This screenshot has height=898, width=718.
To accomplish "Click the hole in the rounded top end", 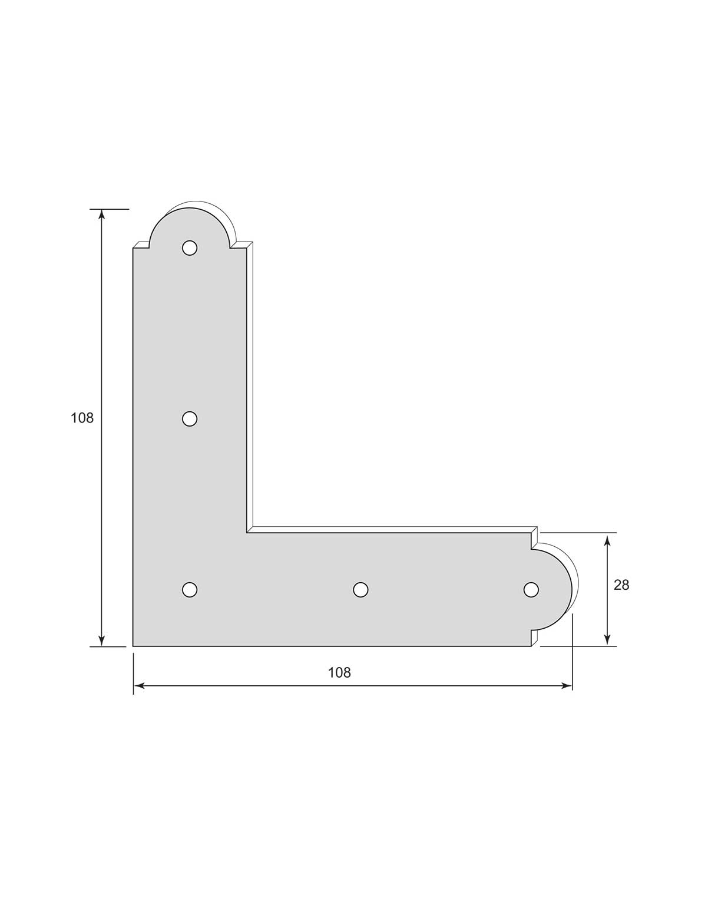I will tap(189, 248).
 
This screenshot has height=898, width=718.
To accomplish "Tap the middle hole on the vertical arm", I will tap(189, 419).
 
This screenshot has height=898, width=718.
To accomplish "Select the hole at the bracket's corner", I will tap(189, 589).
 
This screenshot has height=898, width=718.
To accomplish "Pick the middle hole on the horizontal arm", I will tap(360, 589).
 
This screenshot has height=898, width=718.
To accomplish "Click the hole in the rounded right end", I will tap(531, 589).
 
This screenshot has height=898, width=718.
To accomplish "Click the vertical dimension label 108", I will tap(82, 418).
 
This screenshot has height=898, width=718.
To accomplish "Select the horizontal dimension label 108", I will tap(339, 672).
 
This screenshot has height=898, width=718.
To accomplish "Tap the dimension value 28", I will tap(621, 585).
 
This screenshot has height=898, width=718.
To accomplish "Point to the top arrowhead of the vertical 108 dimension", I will tap(102, 214).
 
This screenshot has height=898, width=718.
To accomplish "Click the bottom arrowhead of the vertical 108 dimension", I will tap(102, 641).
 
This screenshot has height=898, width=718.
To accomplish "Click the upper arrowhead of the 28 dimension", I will tap(607, 538).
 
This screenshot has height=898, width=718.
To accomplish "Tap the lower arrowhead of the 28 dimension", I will tap(607, 641).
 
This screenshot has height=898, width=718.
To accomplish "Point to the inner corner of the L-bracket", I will tap(247, 533).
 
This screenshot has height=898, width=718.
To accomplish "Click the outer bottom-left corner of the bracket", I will tap(134, 646).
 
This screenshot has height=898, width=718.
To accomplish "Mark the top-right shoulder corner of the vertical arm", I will tap(246, 248).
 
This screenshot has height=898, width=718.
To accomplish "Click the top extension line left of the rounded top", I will tap(110, 209).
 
